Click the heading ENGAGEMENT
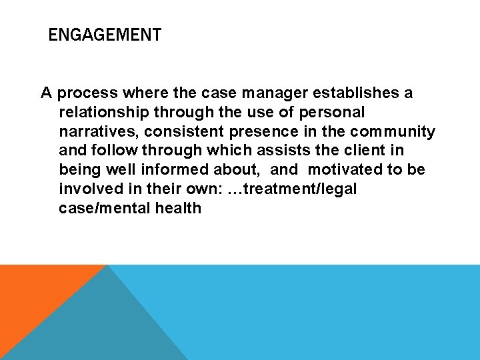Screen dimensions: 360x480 [x=105, y=35]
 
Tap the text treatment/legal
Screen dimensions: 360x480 [x=301, y=189]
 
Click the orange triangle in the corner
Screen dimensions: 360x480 [x=33, y=293]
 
